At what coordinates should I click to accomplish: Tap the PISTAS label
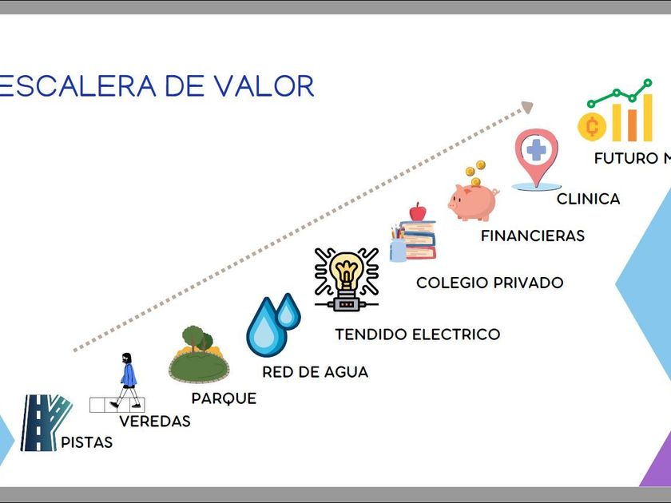click(87, 442)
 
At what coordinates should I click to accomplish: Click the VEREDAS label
click(155, 421)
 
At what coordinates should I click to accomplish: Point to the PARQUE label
click(224, 398)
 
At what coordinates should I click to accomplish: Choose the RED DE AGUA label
click(315, 371)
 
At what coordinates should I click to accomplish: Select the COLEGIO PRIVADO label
click(490, 283)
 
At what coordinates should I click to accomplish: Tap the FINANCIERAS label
click(532, 236)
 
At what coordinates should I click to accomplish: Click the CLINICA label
click(588, 199)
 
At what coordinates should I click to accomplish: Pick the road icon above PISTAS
click(44, 423)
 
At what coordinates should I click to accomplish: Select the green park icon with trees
click(198, 354)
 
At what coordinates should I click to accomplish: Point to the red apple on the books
click(418, 212)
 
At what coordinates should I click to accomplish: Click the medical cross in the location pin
click(535, 151)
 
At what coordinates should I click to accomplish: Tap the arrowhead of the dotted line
click(527, 107)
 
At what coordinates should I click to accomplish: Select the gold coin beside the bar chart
click(592, 126)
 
